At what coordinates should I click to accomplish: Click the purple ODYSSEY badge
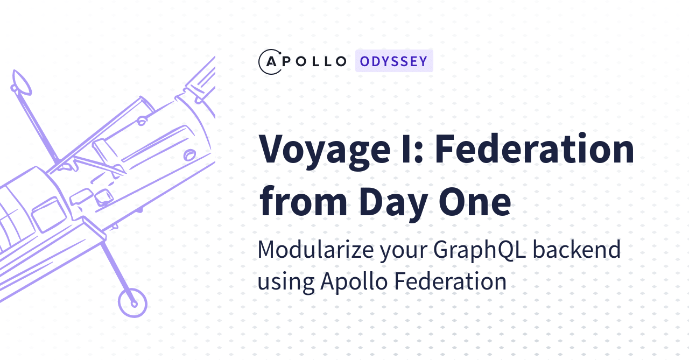394,61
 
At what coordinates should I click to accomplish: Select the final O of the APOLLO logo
340,61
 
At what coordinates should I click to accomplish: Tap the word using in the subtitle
285,282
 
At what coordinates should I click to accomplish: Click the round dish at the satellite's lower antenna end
132,302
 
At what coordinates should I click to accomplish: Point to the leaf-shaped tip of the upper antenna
22,82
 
